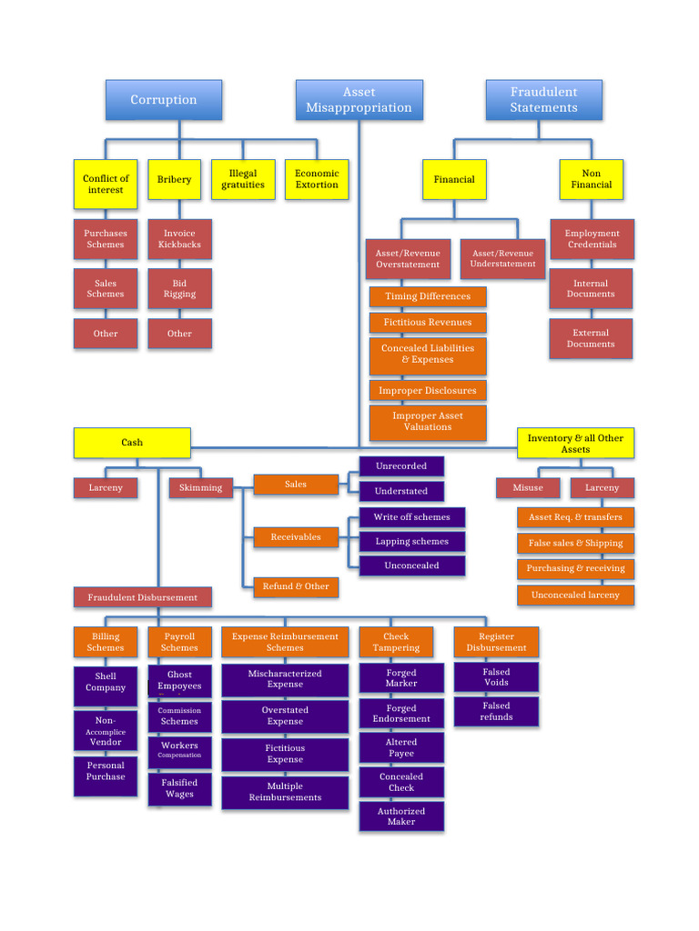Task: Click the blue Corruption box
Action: click(163, 100)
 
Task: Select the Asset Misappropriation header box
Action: click(359, 100)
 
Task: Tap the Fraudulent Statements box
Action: click(543, 100)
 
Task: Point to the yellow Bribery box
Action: click(174, 179)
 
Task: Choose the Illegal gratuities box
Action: click(243, 179)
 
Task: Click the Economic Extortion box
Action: click(317, 179)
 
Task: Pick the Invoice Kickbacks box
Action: click(179, 239)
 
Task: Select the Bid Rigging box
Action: click(179, 288)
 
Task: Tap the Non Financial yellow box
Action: click(591, 179)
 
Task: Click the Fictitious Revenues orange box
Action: click(428, 322)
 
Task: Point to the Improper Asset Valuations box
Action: click(428, 422)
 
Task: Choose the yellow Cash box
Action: click(132, 443)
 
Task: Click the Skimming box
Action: click(200, 487)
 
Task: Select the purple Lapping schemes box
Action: click(411, 541)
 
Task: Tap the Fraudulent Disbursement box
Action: click(142, 597)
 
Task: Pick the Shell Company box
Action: click(106, 682)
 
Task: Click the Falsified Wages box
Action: click(179, 788)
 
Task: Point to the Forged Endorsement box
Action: click(401, 714)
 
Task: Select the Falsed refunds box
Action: click(496, 711)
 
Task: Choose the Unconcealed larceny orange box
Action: click(575, 595)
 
